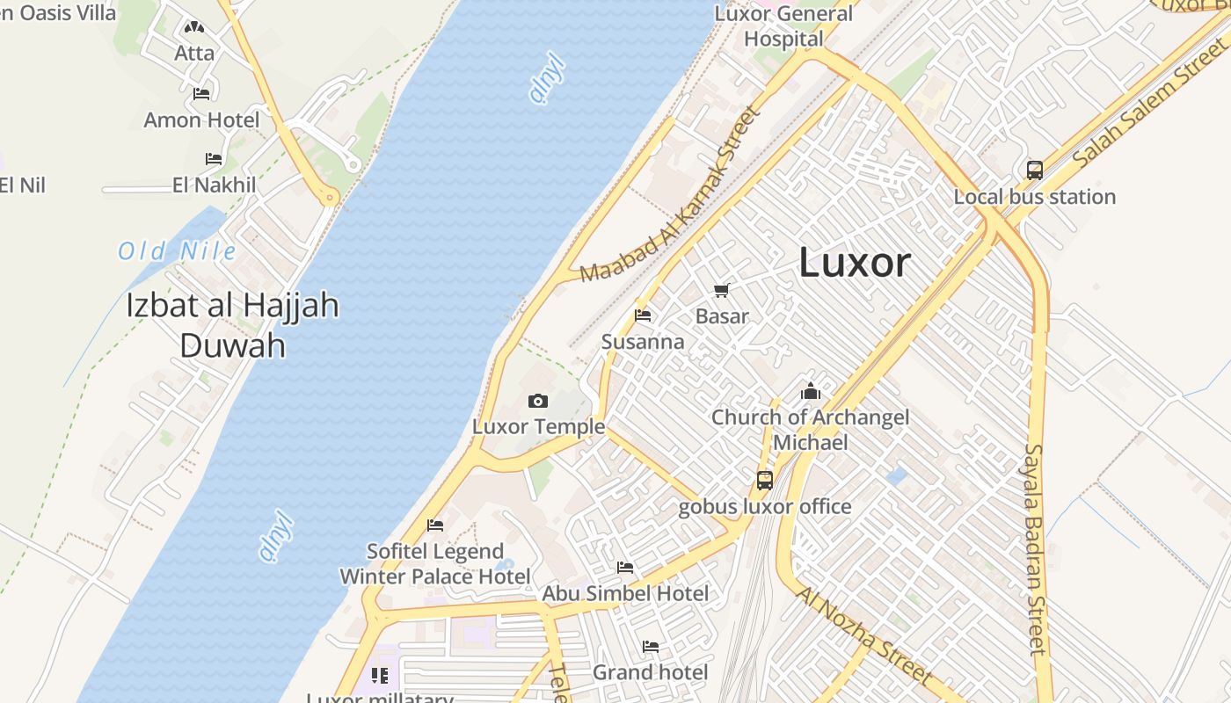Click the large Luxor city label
pos(854,263)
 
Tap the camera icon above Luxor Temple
pos(538,402)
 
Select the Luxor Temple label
pos(538,427)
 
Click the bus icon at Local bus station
pos(1035,170)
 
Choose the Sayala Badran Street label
pos(1036,549)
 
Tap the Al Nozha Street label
pos(863,634)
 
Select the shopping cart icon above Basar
pos(722,290)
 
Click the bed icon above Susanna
pos(643,315)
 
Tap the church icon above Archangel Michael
pos(810,391)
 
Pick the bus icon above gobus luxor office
pos(765,480)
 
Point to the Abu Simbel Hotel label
pos(624,593)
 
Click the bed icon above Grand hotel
pos(651,647)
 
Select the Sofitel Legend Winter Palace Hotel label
pos(435,564)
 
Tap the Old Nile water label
pos(178,251)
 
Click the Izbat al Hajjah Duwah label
pos(233,325)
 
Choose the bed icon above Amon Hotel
pos(201,94)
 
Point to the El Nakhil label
pos(214,185)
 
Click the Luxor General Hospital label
pos(783,26)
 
